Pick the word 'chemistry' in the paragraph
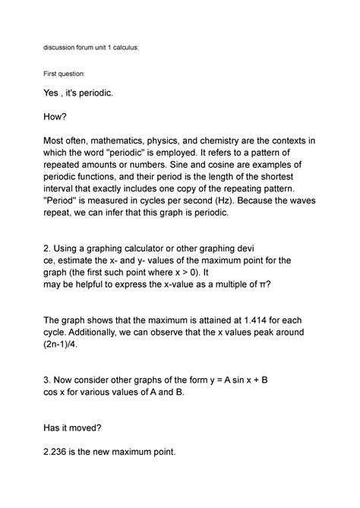(x=219, y=141)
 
